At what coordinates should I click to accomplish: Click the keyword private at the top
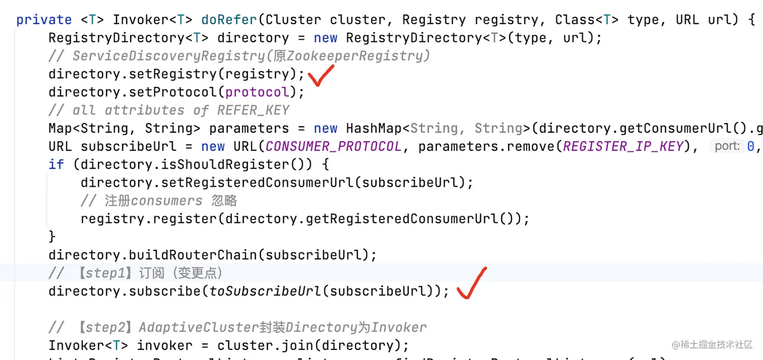pyautogui.click(x=44, y=20)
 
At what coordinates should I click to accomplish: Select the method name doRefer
pyautogui.click(x=229, y=20)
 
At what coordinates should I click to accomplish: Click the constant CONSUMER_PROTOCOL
pyautogui.click(x=334, y=146)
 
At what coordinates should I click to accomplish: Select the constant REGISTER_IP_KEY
pyautogui.click(x=623, y=146)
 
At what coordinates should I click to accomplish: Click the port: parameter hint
pyautogui.click(x=727, y=146)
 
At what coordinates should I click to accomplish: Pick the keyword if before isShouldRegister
pyautogui.click(x=56, y=165)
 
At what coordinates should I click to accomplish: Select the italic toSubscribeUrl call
pyautogui.click(x=265, y=291)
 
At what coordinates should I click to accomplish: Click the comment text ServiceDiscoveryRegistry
pyautogui.click(x=169, y=56)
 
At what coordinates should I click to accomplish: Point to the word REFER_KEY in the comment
pyautogui.click(x=253, y=110)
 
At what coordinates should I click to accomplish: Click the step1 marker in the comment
pyautogui.click(x=105, y=273)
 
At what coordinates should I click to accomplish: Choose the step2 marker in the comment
pyautogui.click(x=105, y=328)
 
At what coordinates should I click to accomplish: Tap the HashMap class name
pyautogui.click(x=374, y=128)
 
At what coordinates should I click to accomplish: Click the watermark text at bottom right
pyautogui.click(x=712, y=344)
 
